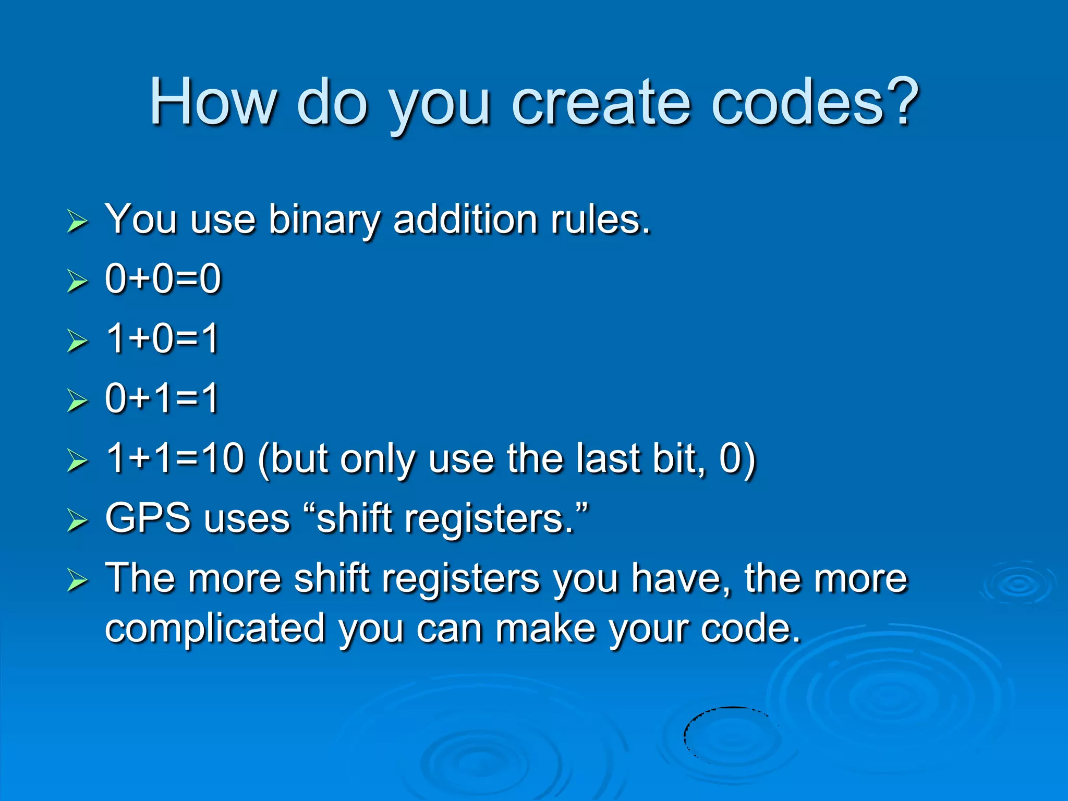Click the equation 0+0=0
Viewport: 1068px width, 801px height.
click(163, 279)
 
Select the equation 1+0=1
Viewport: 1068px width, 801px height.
click(162, 339)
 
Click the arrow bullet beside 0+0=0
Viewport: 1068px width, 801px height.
click(77, 281)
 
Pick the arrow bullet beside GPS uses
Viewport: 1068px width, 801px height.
click(77, 521)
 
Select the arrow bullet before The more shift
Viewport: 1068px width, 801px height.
click(77, 581)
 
